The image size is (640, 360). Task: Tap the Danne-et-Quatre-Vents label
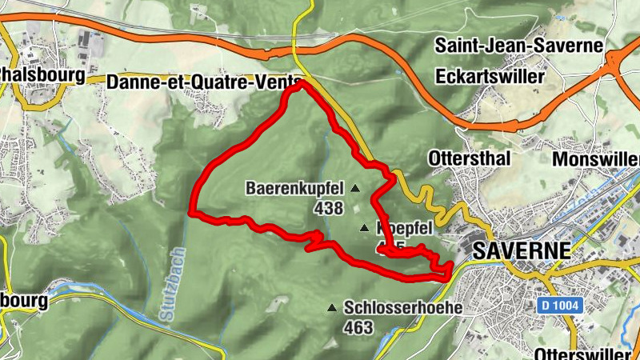(204, 81)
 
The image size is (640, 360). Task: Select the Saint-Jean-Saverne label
(518, 45)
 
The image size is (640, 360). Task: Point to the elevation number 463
(358, 326)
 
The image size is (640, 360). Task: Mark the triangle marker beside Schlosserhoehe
(332, 307)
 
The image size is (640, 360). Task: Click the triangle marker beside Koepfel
(365, 228)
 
